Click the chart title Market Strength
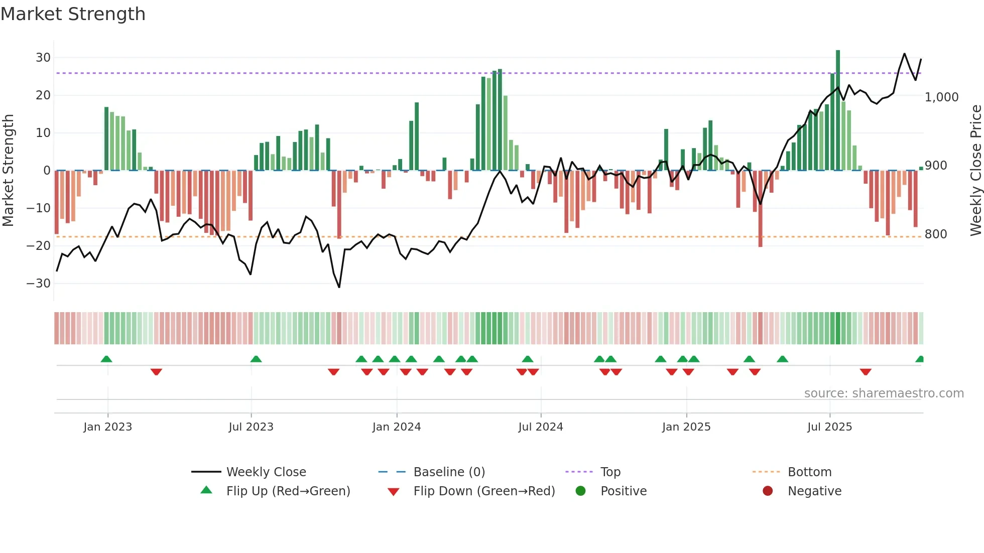(x=73, y=14)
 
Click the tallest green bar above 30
(x=837, y=110)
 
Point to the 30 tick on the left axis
(x=43, y=58)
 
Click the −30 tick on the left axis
(x=39, y=284)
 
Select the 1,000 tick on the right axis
(x=941, y=97)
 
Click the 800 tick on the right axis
(x=936, y=234)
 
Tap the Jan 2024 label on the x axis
(x=397, y=427)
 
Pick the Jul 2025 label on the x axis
(x=829, y=427)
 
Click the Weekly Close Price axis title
(x=975, y=171)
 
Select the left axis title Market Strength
(x=8, y=171)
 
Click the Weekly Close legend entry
(x=266, y=472)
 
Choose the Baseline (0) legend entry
(x=449, y=472)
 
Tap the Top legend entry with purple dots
(x=610, y=472)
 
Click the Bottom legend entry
(x=809, y=472)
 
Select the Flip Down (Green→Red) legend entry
(x=484, y=491)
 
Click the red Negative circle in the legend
(x=768, y=491)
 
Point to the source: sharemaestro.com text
(x=884, y=393)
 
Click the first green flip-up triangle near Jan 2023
(x=106, y=359)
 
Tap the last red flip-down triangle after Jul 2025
(x=865, y=372)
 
